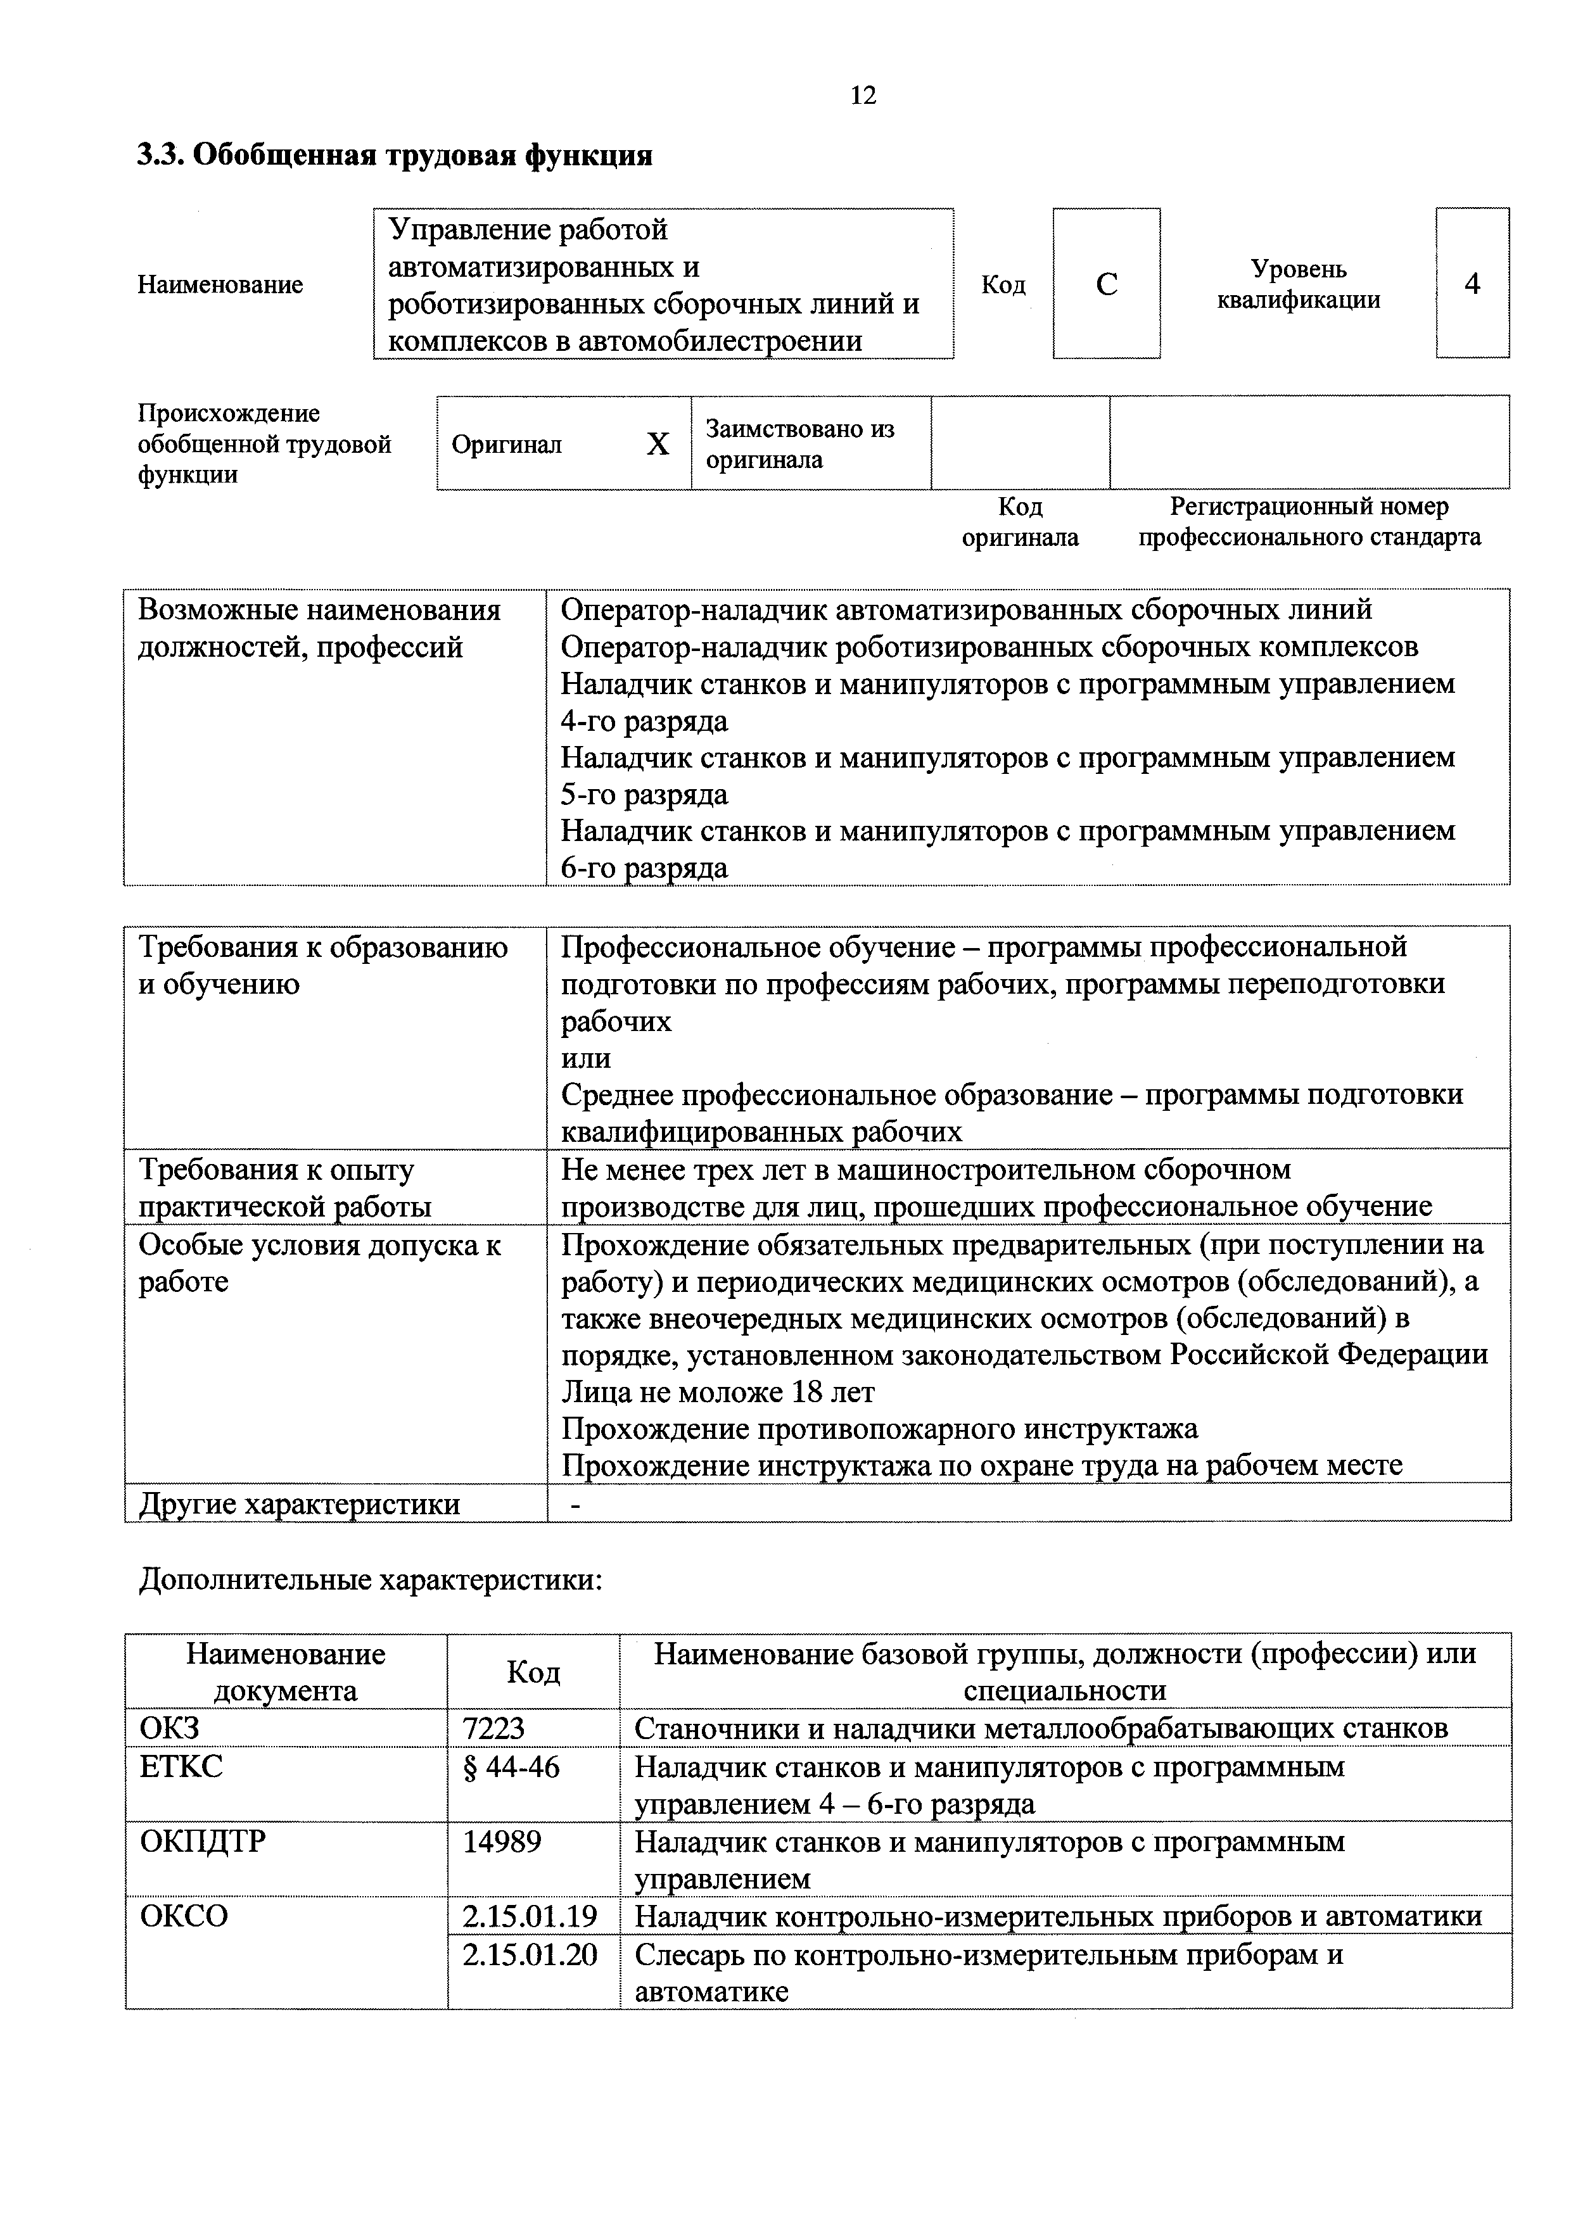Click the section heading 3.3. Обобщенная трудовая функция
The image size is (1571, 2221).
395,155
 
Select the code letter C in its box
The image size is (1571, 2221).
1107,284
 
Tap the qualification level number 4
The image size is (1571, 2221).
1472,284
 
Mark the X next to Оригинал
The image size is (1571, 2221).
658,444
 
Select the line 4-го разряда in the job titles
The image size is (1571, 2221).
644,721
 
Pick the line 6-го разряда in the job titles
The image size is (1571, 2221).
644,868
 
